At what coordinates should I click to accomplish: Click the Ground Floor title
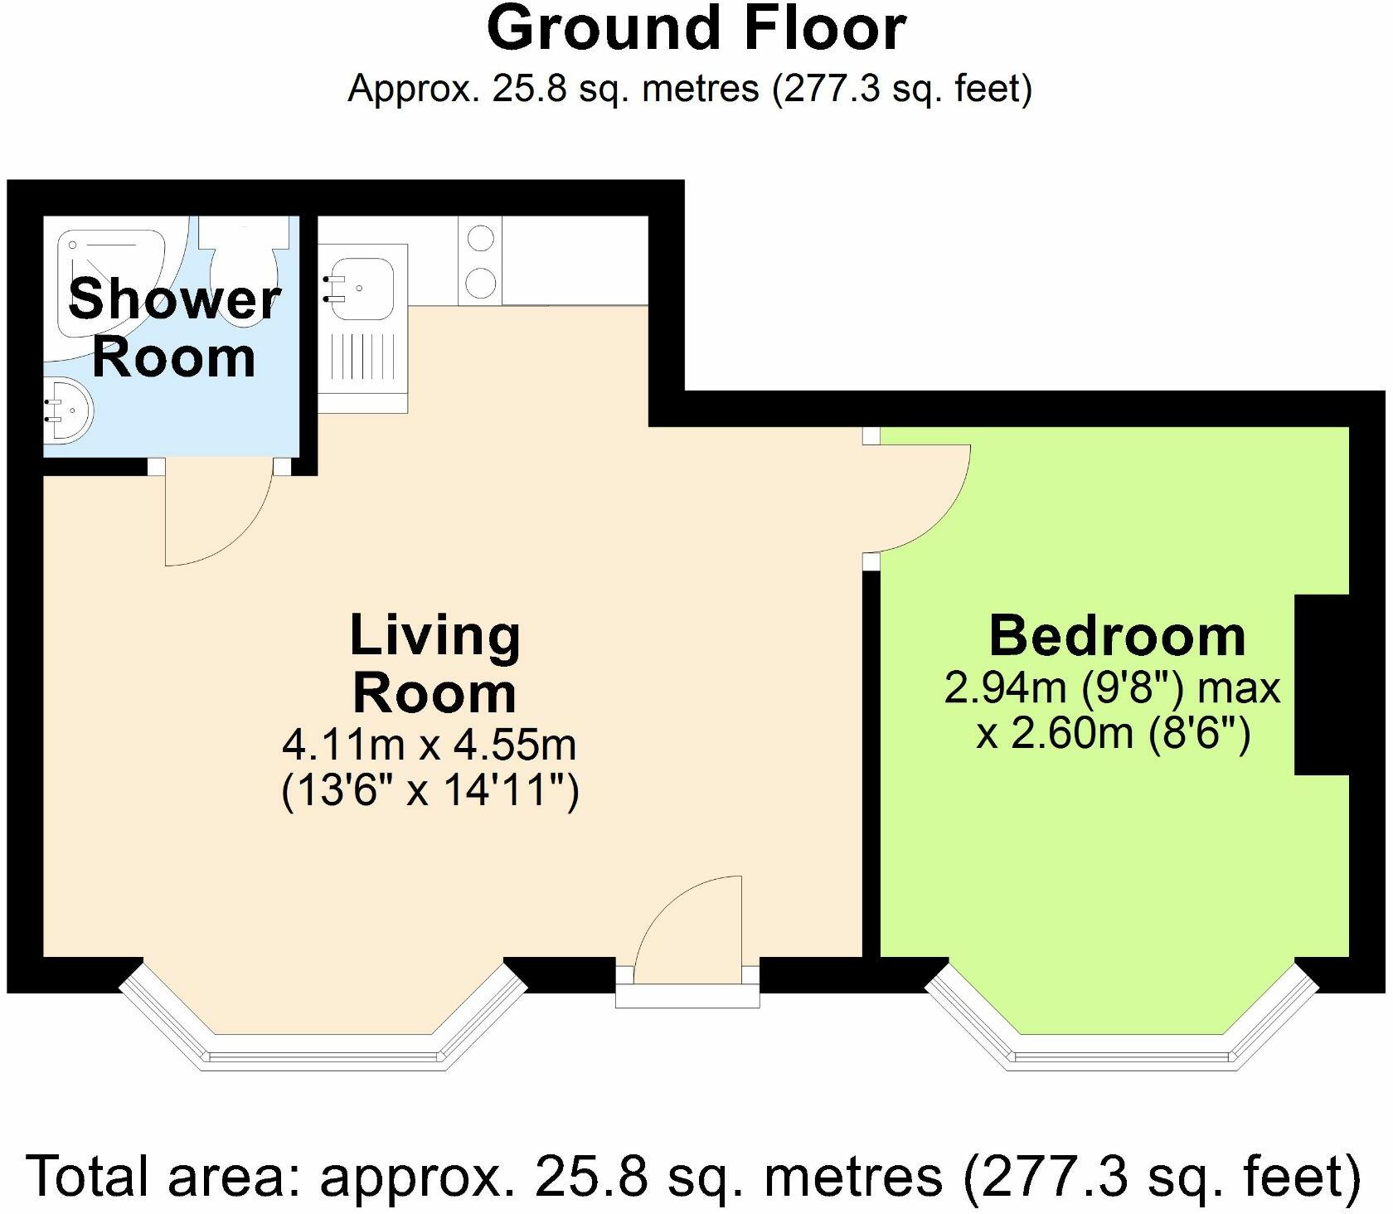(x=696, y=28)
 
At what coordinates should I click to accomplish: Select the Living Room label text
(x=435, y=663)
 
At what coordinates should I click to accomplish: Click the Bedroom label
(x=1117, y=636)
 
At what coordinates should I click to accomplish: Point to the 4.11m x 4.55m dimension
(x=430, y=745)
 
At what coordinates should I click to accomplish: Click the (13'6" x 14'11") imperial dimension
(x=430, y=790)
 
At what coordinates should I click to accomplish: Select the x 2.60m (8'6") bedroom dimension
(x=1113, y=734)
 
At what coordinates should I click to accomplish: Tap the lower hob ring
(x=481, y=284)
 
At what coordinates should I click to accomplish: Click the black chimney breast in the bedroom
(x=1323, y=685)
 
